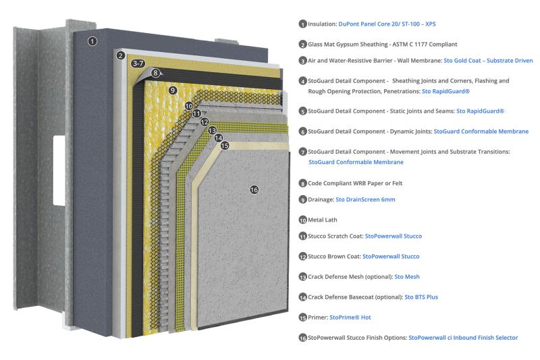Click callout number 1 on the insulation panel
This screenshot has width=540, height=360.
coord(93,41)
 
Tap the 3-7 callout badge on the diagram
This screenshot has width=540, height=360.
coord(138,63)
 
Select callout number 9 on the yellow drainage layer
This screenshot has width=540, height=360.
coord(173,90)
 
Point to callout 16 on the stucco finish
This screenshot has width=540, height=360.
coord(254,190)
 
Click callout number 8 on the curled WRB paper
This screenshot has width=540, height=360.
coord(155,73)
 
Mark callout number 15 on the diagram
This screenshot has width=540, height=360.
coord(225,145)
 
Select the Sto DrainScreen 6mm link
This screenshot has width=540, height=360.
coord(365,199)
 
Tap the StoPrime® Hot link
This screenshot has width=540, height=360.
coord(350,317)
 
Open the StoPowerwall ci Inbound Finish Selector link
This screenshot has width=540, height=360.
coord(463,337)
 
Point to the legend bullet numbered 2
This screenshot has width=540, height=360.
coord(303,45)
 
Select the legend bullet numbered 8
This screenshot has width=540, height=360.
coord(303,183)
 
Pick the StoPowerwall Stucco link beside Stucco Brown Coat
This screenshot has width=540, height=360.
coord(391,256)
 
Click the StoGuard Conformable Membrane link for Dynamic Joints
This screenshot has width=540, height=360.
coord(481,131)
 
